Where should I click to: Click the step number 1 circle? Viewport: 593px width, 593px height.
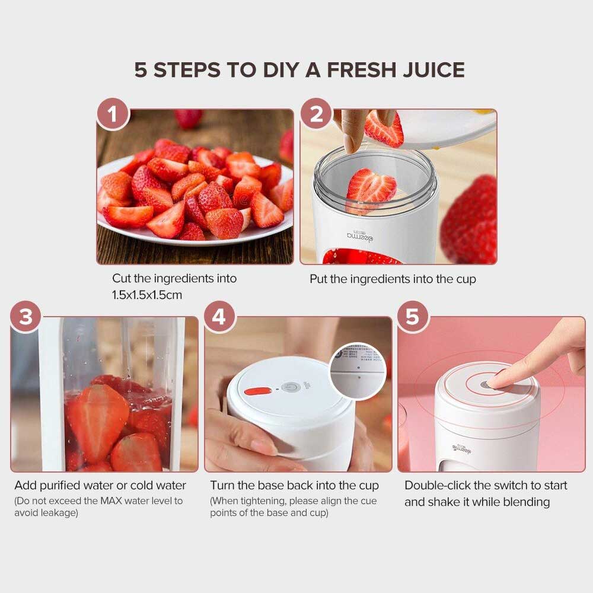click(x=113, y=114)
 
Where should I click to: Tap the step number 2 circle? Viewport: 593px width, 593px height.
click(x=317, y=114)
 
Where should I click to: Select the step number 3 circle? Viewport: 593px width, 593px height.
click(x=25, y=317)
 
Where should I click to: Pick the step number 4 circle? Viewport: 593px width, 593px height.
click(x=219, y=317)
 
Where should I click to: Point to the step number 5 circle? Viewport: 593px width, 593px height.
click(x=413, y=317)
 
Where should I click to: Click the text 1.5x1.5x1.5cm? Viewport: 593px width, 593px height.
click(x=147, y=295)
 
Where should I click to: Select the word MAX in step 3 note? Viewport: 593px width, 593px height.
click(x=111, y=500)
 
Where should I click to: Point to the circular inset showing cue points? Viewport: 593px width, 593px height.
click(x=358, y=371)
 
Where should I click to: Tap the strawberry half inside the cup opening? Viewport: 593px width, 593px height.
click(x=371, y=188)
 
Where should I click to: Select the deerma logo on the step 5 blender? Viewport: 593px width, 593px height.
click(x=462, y=449)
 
